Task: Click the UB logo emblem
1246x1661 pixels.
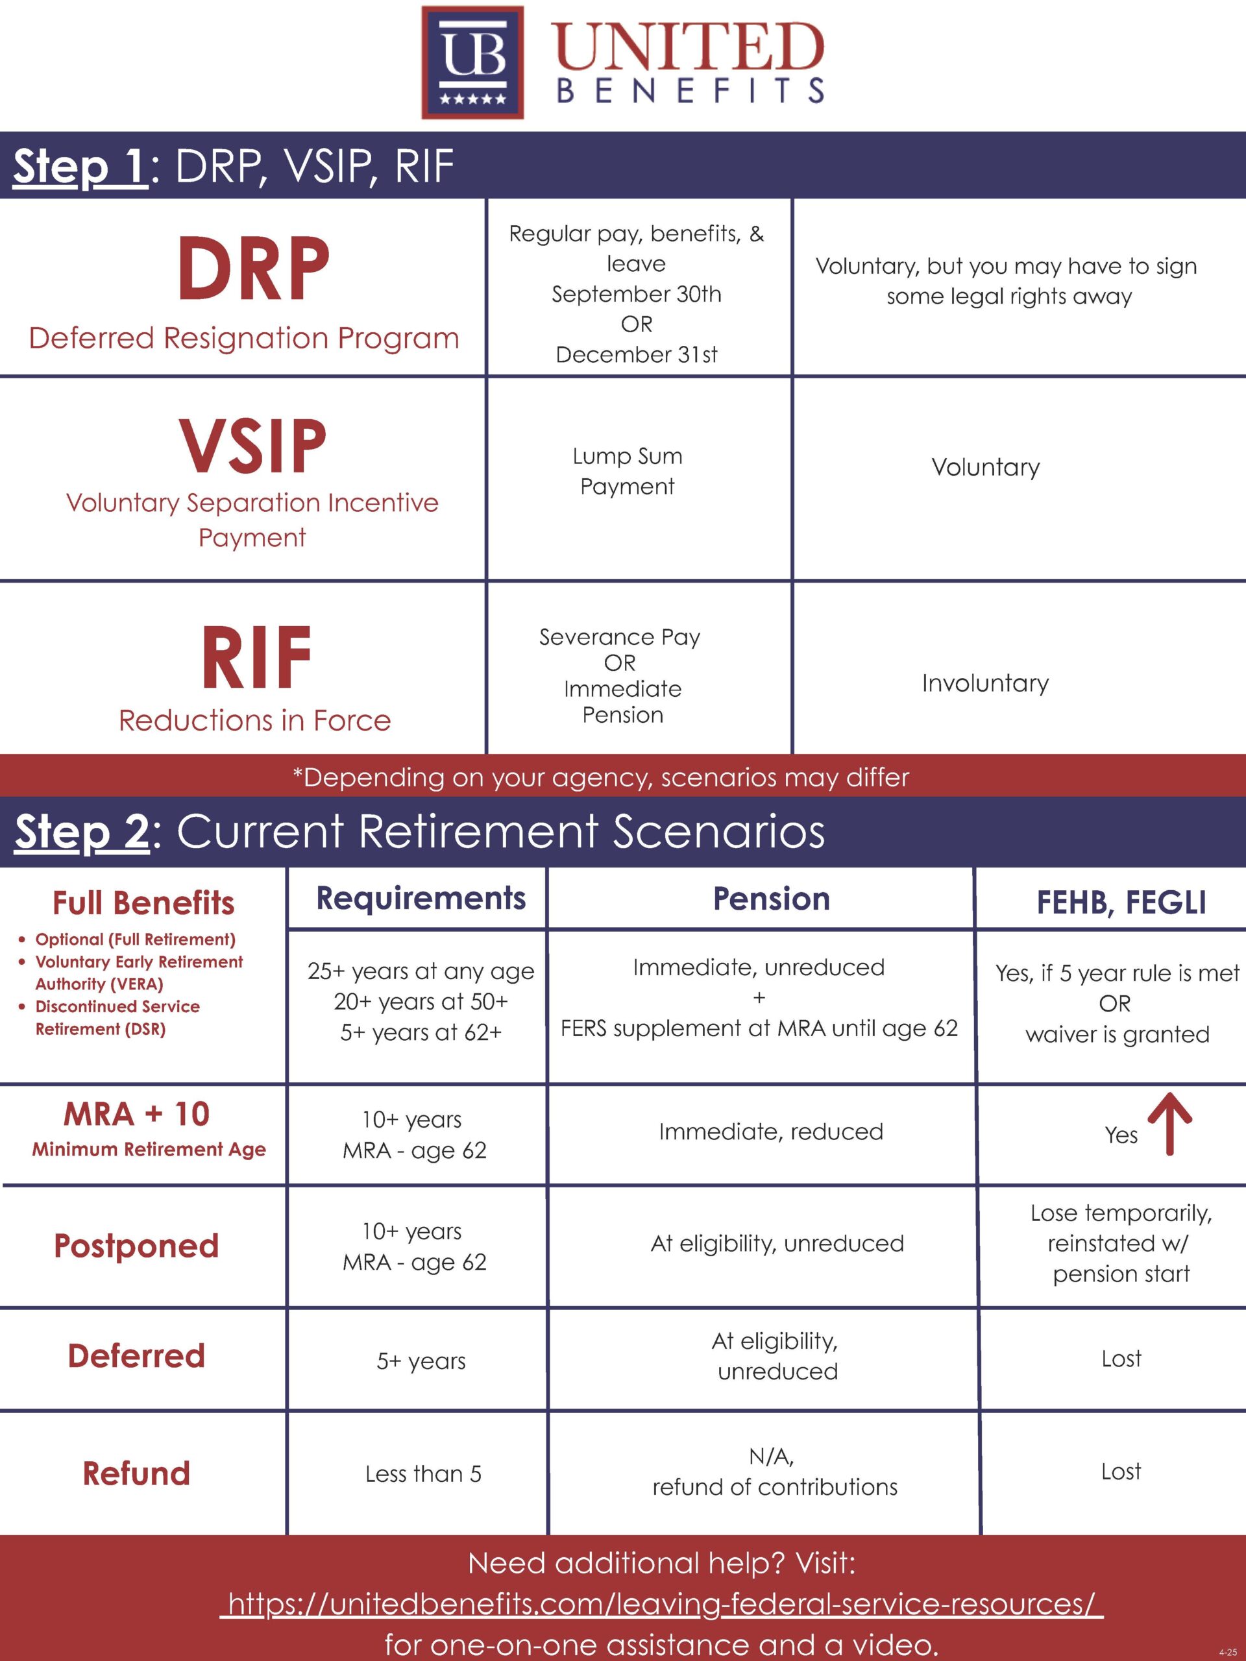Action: pos(472,62)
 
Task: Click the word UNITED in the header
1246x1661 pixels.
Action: pos(689,47)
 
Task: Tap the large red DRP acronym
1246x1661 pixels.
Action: pos(254,269)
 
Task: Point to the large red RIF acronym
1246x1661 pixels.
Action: pos(256,657)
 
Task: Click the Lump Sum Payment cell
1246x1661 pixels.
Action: pos(627,471)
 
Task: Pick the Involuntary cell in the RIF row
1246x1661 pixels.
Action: pos(985,683)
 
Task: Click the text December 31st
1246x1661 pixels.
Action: pos(637,354)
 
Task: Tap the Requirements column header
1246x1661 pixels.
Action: pos(421,898)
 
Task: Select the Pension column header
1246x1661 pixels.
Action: pos(772,898)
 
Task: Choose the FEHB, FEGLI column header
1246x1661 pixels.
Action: pos(1121,902)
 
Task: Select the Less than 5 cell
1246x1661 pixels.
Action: pos(423,1474)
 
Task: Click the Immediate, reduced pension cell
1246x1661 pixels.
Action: pos(772,1132)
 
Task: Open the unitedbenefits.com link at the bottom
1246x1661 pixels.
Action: pos(661,1603)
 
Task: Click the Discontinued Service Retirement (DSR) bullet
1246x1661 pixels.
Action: pos(110,1017)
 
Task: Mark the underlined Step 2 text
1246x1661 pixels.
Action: pos(81,832)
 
